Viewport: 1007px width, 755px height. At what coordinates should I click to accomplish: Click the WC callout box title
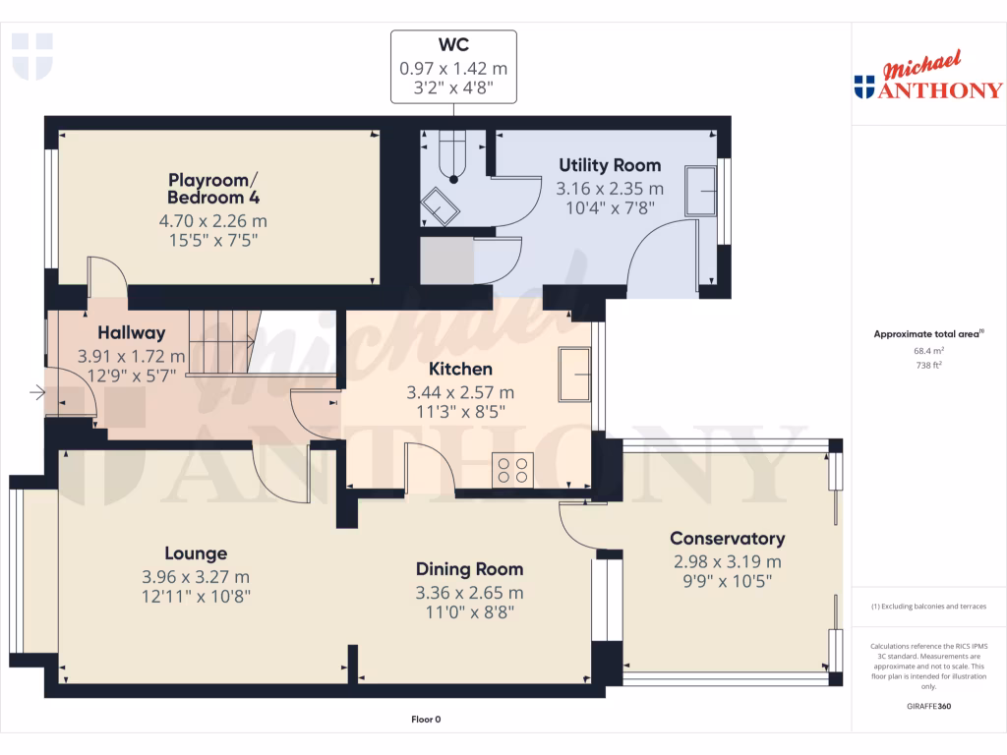[x=453, y=45]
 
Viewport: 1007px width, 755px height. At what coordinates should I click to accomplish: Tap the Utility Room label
[x=610, y=165]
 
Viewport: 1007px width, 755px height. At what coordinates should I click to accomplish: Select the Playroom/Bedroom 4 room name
[x=213, y=188]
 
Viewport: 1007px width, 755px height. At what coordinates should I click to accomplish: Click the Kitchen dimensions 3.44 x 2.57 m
[x=460, y=392]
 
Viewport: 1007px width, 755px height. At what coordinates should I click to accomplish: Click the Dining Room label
[x=469, y=569]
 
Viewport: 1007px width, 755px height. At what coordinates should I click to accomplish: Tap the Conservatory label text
[x=727, y=539]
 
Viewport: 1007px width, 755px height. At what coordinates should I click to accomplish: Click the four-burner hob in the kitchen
[x=512, y=469]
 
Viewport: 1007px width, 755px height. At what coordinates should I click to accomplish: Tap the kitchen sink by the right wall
[x=574, y=374]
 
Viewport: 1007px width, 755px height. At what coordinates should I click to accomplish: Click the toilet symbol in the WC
[x=453, y=157]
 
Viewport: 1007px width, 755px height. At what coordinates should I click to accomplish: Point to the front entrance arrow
[x=37, y=394]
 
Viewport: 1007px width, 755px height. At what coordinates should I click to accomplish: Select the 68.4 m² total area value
[x=929, y=350]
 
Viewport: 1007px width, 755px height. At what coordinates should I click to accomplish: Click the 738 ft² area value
[x=929, y=365]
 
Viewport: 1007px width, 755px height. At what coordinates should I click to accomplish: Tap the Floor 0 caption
[x=426, y=720]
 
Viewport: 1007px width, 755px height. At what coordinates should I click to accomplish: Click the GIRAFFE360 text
[x=929, y=707]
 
